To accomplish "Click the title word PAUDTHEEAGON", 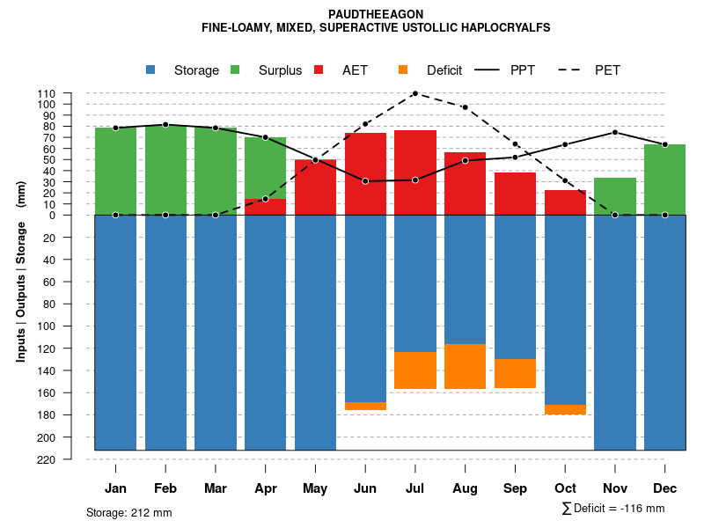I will pyautogui.click(x=376, y=14).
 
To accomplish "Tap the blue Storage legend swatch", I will pyautogui.click(x=150, y=70).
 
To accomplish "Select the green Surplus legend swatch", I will pyautogui.click(x=235, y=70).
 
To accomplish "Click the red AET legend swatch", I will pyautogui.click(x=319, y=70).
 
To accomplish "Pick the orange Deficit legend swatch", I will pyautogui.click(x=403, y=70).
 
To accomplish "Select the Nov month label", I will pyautogui.click(x=614, y=488).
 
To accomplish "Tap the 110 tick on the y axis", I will pyautogui.click(x=47, y=93).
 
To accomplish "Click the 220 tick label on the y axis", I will pyautogui.click(x=47, y=459).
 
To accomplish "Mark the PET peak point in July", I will pyautogui.click(x=414, y=93).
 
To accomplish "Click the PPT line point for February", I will pyautogui.click(x=165, y=125).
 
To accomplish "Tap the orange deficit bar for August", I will pyautogui.click(x=465, y=366).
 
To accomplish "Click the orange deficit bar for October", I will pyautogui.click(x=565, y=409).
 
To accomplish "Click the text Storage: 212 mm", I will pyautogui.click(x=128, y=512).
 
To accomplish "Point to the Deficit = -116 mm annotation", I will pyautogui.click(x=613, y=509).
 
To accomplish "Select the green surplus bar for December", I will pyautogui.click(x=664, y=180).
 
